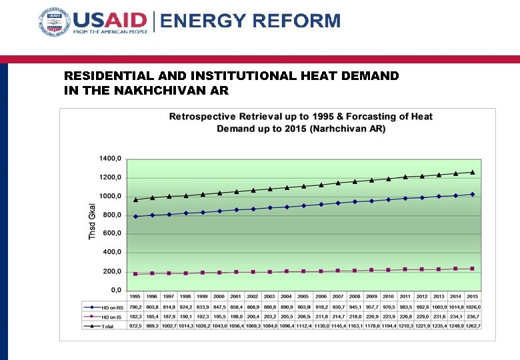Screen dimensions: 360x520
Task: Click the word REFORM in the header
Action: tap(298, 21)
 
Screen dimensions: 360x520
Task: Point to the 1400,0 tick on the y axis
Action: tap(111, 159)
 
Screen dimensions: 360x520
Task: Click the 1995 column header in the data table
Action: tap(135, 297)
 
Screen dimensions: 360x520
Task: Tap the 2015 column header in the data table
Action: tap(473, 297)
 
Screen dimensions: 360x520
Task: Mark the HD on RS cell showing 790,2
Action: tap(135, 306)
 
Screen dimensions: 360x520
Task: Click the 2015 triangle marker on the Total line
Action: tap(473, 172)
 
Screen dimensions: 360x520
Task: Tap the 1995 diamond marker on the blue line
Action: tap(135, 216)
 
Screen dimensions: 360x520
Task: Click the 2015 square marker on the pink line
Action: tap(473, 269)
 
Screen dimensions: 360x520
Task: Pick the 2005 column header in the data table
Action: tap(303, 297)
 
